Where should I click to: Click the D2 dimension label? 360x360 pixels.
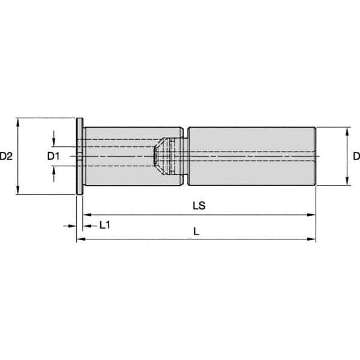coord(7,157)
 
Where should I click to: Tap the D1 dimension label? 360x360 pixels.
coord(53,157)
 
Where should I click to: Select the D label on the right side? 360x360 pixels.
coord(355,157)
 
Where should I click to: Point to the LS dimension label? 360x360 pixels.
coord(199,205)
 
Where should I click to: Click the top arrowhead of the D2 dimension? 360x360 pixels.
coord(19,121)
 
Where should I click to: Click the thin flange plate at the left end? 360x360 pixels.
coord(79,156)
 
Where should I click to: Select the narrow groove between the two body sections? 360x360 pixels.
coord(185,156)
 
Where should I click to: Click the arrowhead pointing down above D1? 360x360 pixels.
coord(55,143)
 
